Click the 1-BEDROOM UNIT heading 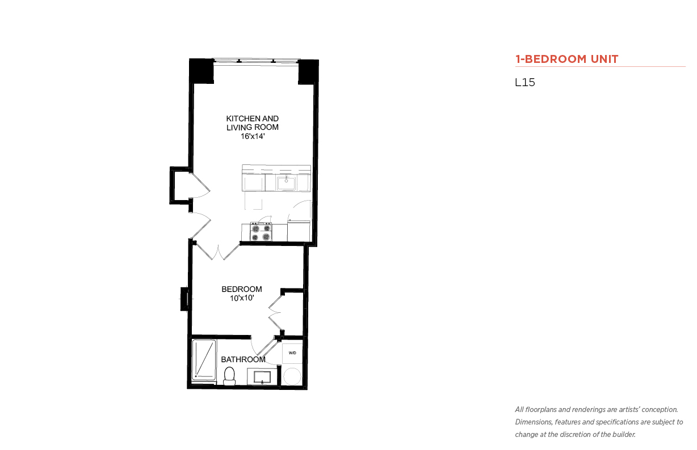pyautogui.click(x=566, y=59)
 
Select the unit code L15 pyautogui.click(x=525, y=82)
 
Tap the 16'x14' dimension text pyautogui.click(x=253, y=136)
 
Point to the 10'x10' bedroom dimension pyautogui.click(x=242, y=298)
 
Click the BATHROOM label pyautogui.click(x=243, y=359)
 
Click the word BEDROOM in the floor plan pyautogui.click(x=242, y=289)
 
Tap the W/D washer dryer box pyautogui.click(x=292, y=353)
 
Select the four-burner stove pyautogui.click(x=261, y=232)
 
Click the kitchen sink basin pyautogui.click(x=286, y=182)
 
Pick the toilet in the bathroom pyautogui.click(x=229, y=376)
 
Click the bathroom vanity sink pyautogui.click(x=262, y=377)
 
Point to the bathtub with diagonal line pyautogui.click(x=204, y=360)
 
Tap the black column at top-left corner pyautogui.click(x=201, y=71)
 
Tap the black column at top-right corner pyautogui.click(x=308, y=71)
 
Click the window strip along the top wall pyautogui.click(x=256, y=61)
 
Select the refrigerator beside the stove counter pyautogui.click(x=299, y=231)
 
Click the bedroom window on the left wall pyautogui.click(x=184, y=299)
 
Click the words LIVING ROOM pyautogui.click(x=253, y=128)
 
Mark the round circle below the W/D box pyautogui.click(x=292, y=376)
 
